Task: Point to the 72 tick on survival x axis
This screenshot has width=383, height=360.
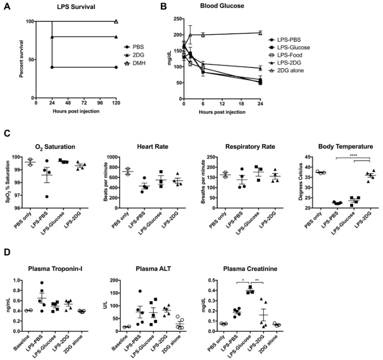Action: (x=76, y=103)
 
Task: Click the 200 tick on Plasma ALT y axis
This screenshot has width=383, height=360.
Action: (x=114, y=280)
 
